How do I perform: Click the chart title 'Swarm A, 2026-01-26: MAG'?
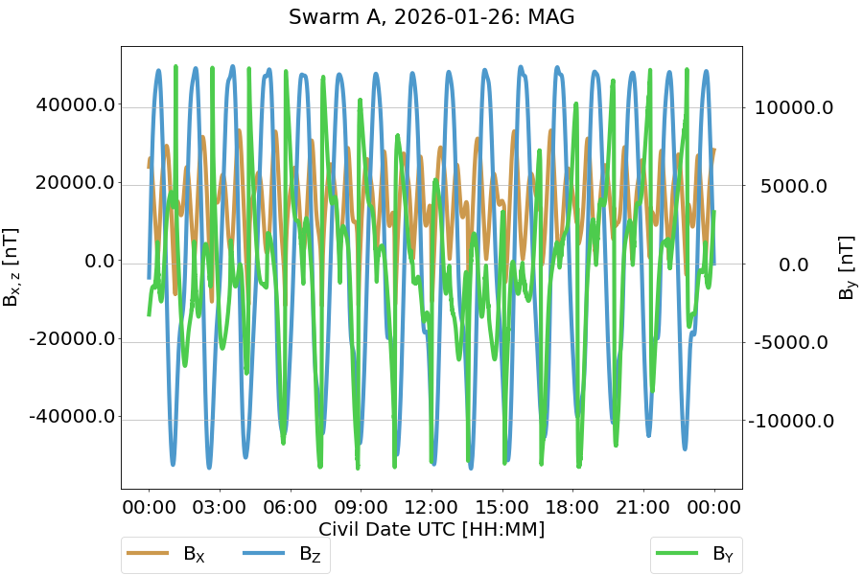tap(431, 17)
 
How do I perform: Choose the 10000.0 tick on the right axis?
tap(794, 107)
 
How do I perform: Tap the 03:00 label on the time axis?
tap(220, 506)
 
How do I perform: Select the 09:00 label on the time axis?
tap(361, 506)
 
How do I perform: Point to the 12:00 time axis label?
tap(431, 506)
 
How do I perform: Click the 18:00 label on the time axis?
tap(572, 506)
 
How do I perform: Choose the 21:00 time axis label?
tap(643, 506)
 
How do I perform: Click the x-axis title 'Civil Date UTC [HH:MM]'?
tap(431, 529)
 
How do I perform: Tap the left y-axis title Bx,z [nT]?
tap(12, 267)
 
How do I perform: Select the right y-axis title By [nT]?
tap(847, 267)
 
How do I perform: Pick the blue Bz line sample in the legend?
tap(265, 553)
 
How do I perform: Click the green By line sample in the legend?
tap(678, 553)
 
